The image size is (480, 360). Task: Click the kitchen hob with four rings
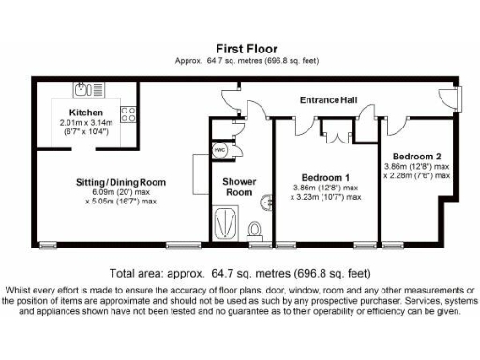128,117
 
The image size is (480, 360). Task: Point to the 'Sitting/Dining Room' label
121,182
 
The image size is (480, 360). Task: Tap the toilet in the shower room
255,229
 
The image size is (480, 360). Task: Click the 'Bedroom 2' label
416,156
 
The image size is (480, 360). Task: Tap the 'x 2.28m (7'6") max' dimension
416,175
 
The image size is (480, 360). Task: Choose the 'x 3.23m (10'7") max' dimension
325,197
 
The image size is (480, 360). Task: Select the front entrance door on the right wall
454,97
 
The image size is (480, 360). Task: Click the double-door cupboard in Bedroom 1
335,131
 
